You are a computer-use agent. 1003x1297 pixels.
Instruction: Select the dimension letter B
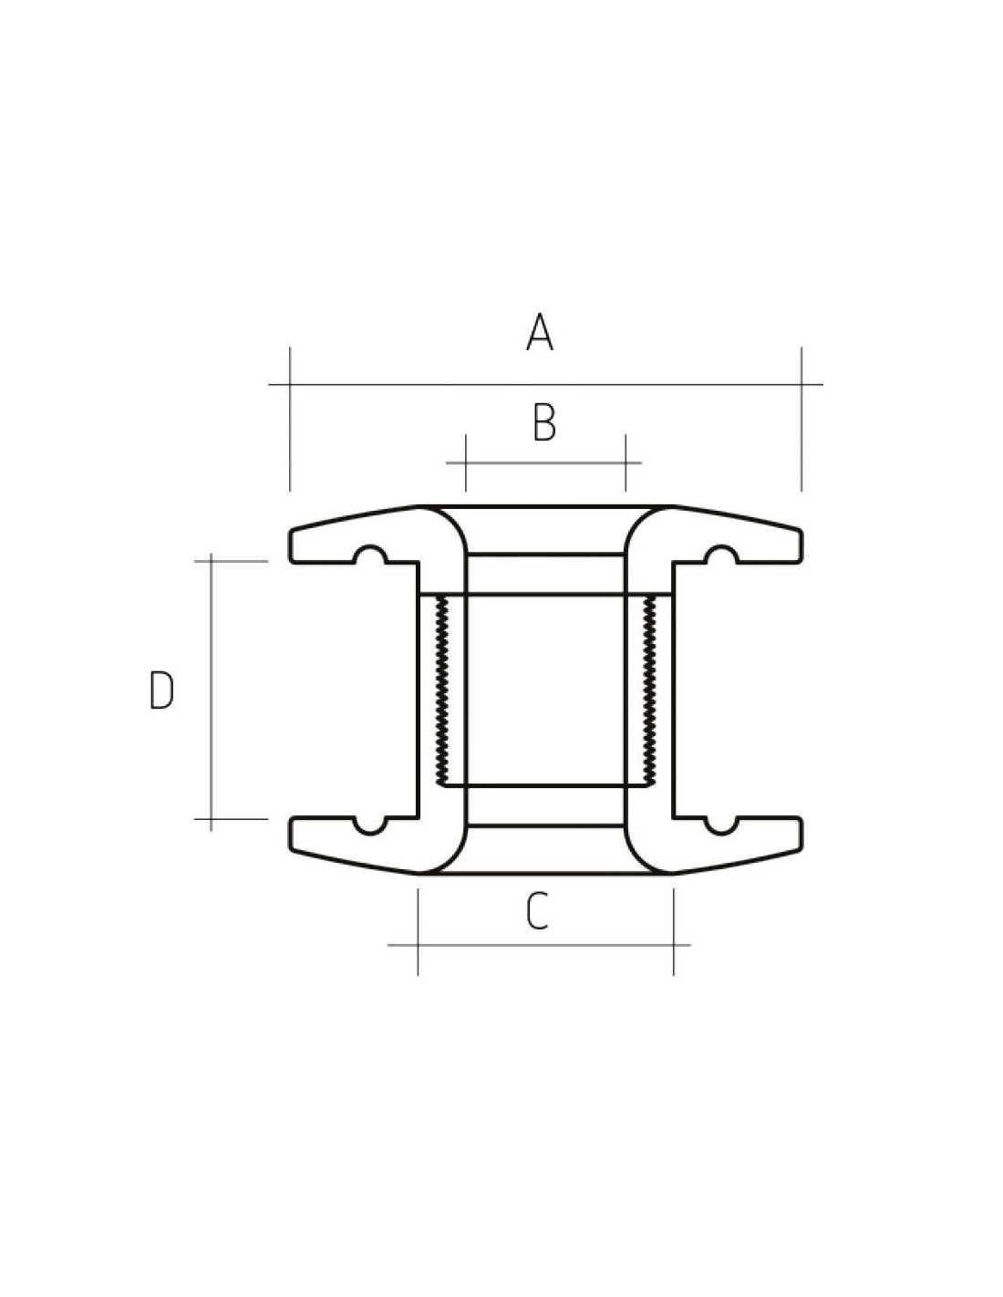point(543,422)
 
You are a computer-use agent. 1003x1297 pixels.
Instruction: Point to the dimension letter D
point(161,690)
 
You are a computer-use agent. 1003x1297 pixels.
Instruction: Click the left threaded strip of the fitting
point(442,690)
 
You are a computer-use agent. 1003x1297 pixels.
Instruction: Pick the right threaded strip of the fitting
point(650,690)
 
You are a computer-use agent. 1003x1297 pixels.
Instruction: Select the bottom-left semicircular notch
point(370,826)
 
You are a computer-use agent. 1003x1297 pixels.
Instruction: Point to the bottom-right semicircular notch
point(721,826)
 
